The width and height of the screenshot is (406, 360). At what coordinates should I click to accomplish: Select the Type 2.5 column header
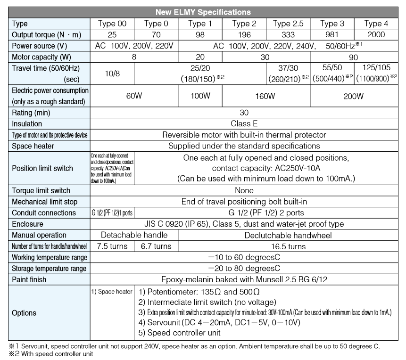(x=288, y=24)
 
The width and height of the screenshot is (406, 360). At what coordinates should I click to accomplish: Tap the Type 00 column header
(x=112, y=24)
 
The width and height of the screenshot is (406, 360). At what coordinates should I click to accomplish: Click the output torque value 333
(x=288, y=34)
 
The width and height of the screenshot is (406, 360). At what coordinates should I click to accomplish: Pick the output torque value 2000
(x=376, y=34)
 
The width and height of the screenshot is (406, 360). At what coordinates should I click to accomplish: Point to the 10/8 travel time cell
(x=112, y=74)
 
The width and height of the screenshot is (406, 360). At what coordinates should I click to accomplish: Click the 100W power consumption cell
(x=200, y=96)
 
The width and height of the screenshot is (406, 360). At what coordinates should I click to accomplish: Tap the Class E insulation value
(x=244, y=124)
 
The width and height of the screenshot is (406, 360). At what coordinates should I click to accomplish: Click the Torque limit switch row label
(x=41, y=191)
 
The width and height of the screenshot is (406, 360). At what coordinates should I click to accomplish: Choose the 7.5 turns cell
(x=112, y=246)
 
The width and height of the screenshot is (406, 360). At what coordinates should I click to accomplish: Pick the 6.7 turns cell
(x=156, y=246)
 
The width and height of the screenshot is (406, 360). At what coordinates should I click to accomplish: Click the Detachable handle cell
(x=134, y=235)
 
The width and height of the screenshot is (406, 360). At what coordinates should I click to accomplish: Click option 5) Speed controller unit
(x=179, y=333)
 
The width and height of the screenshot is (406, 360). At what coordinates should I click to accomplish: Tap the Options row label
(x=25, y=313)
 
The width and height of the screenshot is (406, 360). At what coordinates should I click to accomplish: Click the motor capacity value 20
(x=200, y=57)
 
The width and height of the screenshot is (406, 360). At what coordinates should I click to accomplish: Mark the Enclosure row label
(x=28, y=224)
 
